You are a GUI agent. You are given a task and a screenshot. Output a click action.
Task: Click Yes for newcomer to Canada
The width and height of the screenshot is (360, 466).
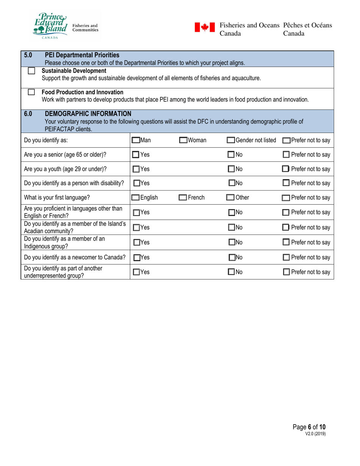tap(136, 257)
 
